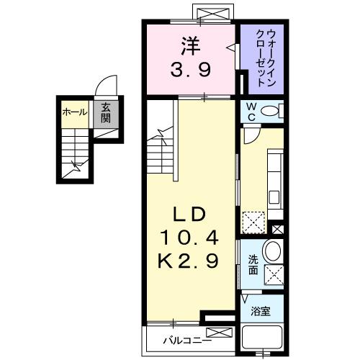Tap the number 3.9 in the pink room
190,71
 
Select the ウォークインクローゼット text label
263,57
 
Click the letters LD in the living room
190,214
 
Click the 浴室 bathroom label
261,312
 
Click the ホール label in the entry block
75,112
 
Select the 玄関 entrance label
105,112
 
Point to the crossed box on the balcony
217,333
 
